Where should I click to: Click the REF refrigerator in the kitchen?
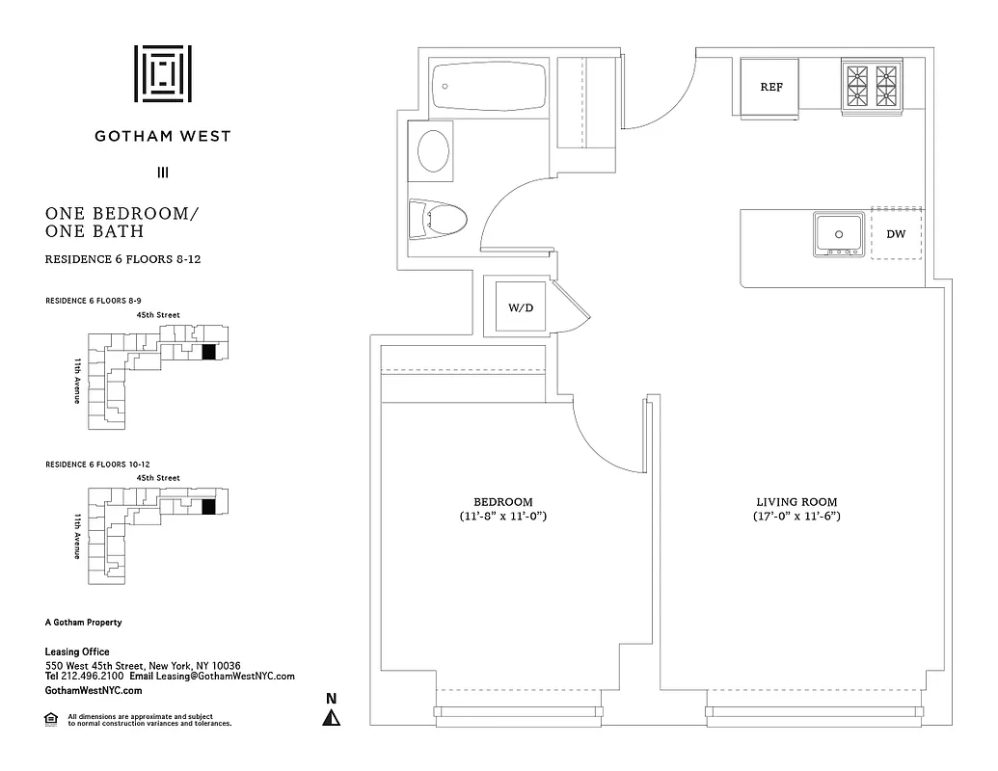(770, 87)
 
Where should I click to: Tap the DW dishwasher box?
(896, 234)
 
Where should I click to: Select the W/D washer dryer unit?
(521, 307)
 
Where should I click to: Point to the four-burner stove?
(871, 87)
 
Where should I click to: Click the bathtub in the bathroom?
(489, 88)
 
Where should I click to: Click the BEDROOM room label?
(502, 502)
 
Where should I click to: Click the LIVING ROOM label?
(796, 502)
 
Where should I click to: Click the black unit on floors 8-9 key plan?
(208, 353)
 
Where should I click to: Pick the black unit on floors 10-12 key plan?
(208, 507)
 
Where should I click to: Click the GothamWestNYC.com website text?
(94, 690)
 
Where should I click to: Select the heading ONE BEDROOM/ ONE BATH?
(121, 223)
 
